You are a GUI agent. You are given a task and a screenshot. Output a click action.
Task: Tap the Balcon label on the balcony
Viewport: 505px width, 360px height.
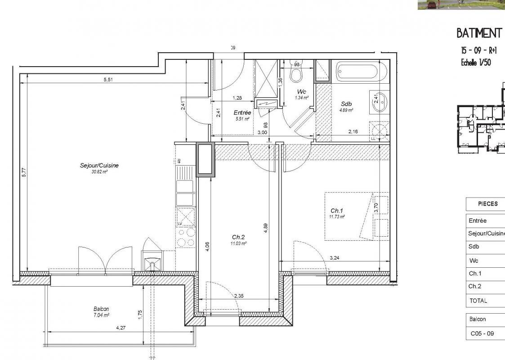[101, 309]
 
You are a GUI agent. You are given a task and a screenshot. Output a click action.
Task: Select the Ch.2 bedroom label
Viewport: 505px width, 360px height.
[238, 237]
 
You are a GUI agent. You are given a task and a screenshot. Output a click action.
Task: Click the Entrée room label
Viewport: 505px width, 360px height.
[242, 112]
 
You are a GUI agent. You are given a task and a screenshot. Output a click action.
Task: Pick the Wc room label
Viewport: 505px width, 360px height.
[301, 91]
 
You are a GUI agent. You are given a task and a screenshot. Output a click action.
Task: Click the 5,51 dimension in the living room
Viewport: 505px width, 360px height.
[108, 80]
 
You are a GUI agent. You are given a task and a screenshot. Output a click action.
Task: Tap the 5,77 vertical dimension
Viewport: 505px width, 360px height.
[24, 172]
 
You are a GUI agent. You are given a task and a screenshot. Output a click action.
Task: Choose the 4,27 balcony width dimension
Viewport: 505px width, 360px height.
[121, 328]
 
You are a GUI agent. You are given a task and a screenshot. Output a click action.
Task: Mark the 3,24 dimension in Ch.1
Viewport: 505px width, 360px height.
[335, 258]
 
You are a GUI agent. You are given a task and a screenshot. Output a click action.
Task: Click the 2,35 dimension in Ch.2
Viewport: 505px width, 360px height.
[239, 296]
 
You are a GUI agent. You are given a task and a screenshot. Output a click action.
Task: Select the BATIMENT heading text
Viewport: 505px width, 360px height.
[478, 33]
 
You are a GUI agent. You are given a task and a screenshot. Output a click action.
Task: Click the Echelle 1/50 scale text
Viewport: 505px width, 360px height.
[476, 63]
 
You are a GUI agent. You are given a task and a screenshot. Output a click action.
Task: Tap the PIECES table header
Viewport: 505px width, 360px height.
[487, 203]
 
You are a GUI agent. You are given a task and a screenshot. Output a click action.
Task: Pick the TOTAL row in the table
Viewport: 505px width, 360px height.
[478, 301]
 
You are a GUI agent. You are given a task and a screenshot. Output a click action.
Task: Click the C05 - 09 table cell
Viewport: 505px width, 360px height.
[482, 333]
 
